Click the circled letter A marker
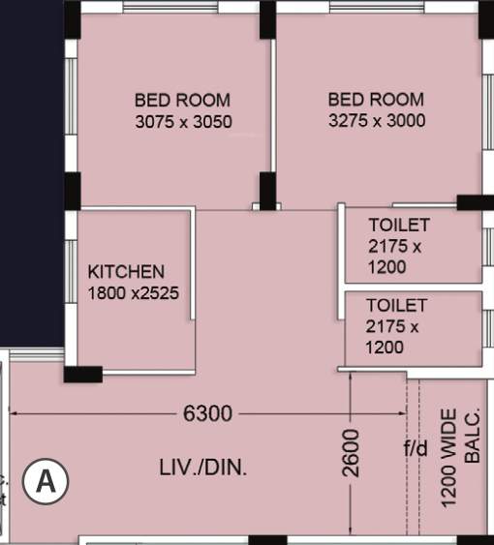point(46,479)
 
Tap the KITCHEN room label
point(126,272)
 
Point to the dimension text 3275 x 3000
point(377,121)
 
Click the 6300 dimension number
point(207,414)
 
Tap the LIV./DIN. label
point(203,469)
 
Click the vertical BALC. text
point(473,438)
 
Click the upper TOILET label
point(398,226)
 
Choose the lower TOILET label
point(396,305)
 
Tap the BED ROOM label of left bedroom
point(182,100)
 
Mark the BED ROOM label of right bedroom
point(376,100)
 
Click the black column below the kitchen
point(82,374)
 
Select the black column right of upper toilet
point(475,202)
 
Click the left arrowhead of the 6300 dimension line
point(15,414)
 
